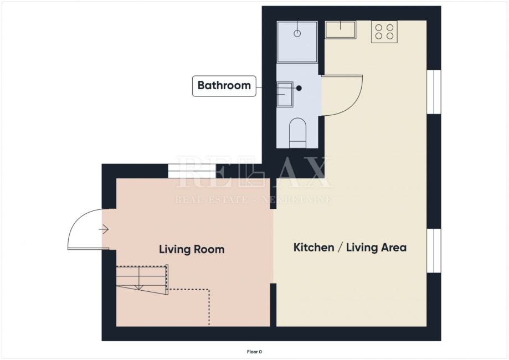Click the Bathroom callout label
point(224,86)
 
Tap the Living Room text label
point(192,249)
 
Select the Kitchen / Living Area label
point(349,248)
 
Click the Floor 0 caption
point(254,352)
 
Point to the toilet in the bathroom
point(297,133)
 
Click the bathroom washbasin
point(285,95)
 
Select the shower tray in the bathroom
point(297,42)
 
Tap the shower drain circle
point(297,33)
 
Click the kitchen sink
point(341,30)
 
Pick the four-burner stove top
point(384,32)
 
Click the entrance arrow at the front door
point(104,229)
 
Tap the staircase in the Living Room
point(142,279)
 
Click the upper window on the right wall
point(434,92)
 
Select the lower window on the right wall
point(434,250)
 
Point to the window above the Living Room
point(192,171)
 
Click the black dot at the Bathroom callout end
point(299,88)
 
